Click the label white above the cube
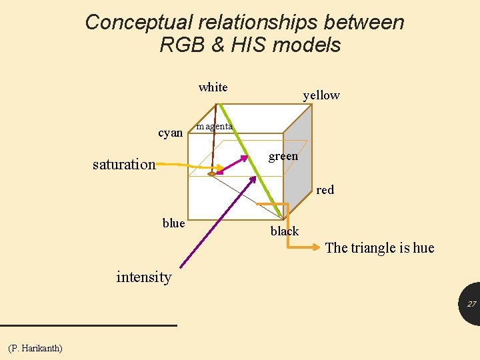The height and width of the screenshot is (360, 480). (213, 87)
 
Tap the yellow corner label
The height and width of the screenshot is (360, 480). (321, 95)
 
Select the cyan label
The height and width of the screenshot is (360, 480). (171, 133)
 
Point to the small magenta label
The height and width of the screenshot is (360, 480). (214, 127)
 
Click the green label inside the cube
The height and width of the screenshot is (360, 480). (283, 157)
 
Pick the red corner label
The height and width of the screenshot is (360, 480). (325, 190)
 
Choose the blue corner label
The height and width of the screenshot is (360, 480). (173, 223)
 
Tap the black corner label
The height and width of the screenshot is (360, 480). (285, 231)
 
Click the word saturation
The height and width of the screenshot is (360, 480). (124, 164)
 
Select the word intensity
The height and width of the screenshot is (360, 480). (144, 277)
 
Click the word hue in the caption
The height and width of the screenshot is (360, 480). (423, 248)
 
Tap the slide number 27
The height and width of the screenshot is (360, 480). (471, 304)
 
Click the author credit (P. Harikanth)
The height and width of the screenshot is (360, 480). (35, 348)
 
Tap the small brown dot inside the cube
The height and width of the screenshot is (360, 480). (212, 174)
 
